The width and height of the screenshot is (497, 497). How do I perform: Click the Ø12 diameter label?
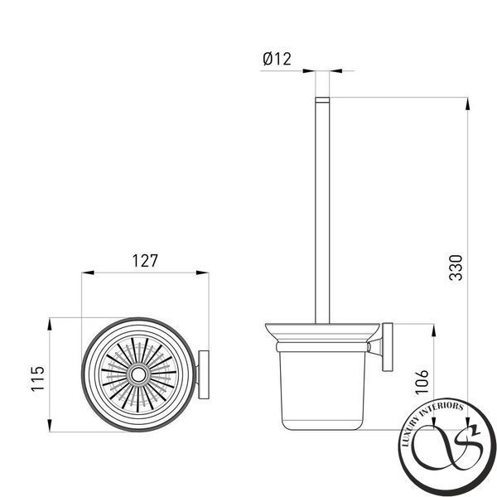pos(277,59)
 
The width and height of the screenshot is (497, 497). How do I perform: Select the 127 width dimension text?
pos(144,261)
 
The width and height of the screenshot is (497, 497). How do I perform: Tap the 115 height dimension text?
pos(38,379)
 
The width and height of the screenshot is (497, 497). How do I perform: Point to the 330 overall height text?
pos(456,268)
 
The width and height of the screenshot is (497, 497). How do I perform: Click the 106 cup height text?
pos(422,382)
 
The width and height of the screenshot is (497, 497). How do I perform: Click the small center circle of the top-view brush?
pos(138,375)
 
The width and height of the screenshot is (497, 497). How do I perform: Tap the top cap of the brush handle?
pos(322,100)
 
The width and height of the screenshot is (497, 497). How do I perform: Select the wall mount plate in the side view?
pos(388,347)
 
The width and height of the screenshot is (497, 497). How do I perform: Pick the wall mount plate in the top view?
pos(204,374)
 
